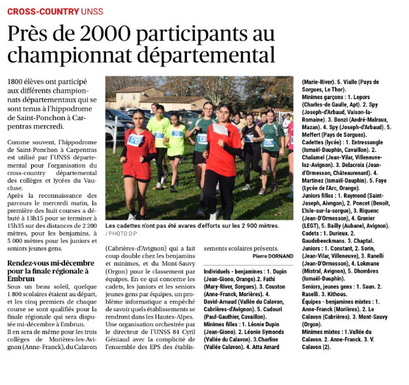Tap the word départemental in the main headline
[203, 54]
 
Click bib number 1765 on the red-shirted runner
[135, 139]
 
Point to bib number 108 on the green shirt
[203, 139]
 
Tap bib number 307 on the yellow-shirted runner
[158, 135]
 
